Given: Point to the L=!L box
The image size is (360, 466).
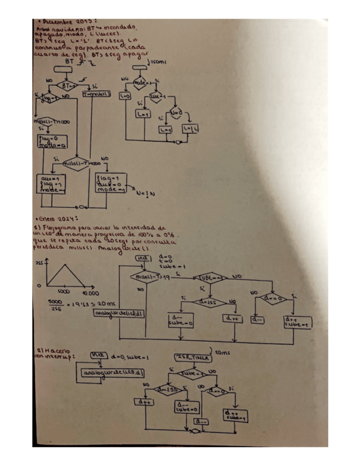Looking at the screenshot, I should click(189, 129).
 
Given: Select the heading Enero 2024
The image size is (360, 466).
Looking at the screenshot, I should click(53, 218).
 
